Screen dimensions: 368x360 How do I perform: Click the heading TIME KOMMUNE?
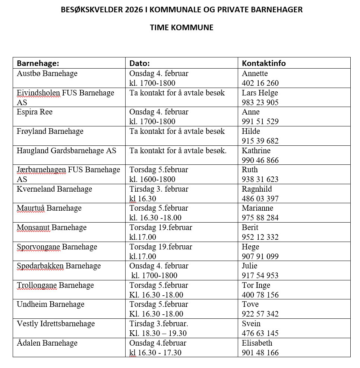(x=181, y=28)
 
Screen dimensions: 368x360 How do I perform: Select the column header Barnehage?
(x=38, y=63)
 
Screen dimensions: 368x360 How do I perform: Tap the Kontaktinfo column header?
(x=264, y=63)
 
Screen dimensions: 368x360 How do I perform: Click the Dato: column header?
(x=139, y=63)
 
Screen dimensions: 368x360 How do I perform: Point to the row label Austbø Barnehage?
(x=47, y=73)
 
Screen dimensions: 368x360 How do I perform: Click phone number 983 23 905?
(x=260, y=103)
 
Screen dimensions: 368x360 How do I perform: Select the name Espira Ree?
(x=35, y=112)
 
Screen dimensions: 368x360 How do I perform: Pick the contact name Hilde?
(x=251, y=131)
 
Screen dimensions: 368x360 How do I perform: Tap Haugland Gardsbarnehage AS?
(x=66, y=151)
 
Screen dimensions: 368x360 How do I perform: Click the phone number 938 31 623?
(x=260, y=179)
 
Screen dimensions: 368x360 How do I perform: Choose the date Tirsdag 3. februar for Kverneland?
(x=159, y=189)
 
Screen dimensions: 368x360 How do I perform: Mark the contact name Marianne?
(x=258, y=208)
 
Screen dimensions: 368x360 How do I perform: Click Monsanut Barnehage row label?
(x=51, y=227)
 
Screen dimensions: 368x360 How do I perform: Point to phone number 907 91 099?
(x=260, y=257)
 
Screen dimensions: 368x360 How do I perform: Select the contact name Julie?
(x=250, y=266)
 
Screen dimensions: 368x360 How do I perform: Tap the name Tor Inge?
(x=256, y=285)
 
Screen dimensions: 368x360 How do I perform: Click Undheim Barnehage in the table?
(x=51, y=304)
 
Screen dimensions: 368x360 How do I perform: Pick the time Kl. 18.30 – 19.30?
(x=158, y=333)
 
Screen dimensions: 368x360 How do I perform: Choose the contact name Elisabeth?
(x=257, y=343)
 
